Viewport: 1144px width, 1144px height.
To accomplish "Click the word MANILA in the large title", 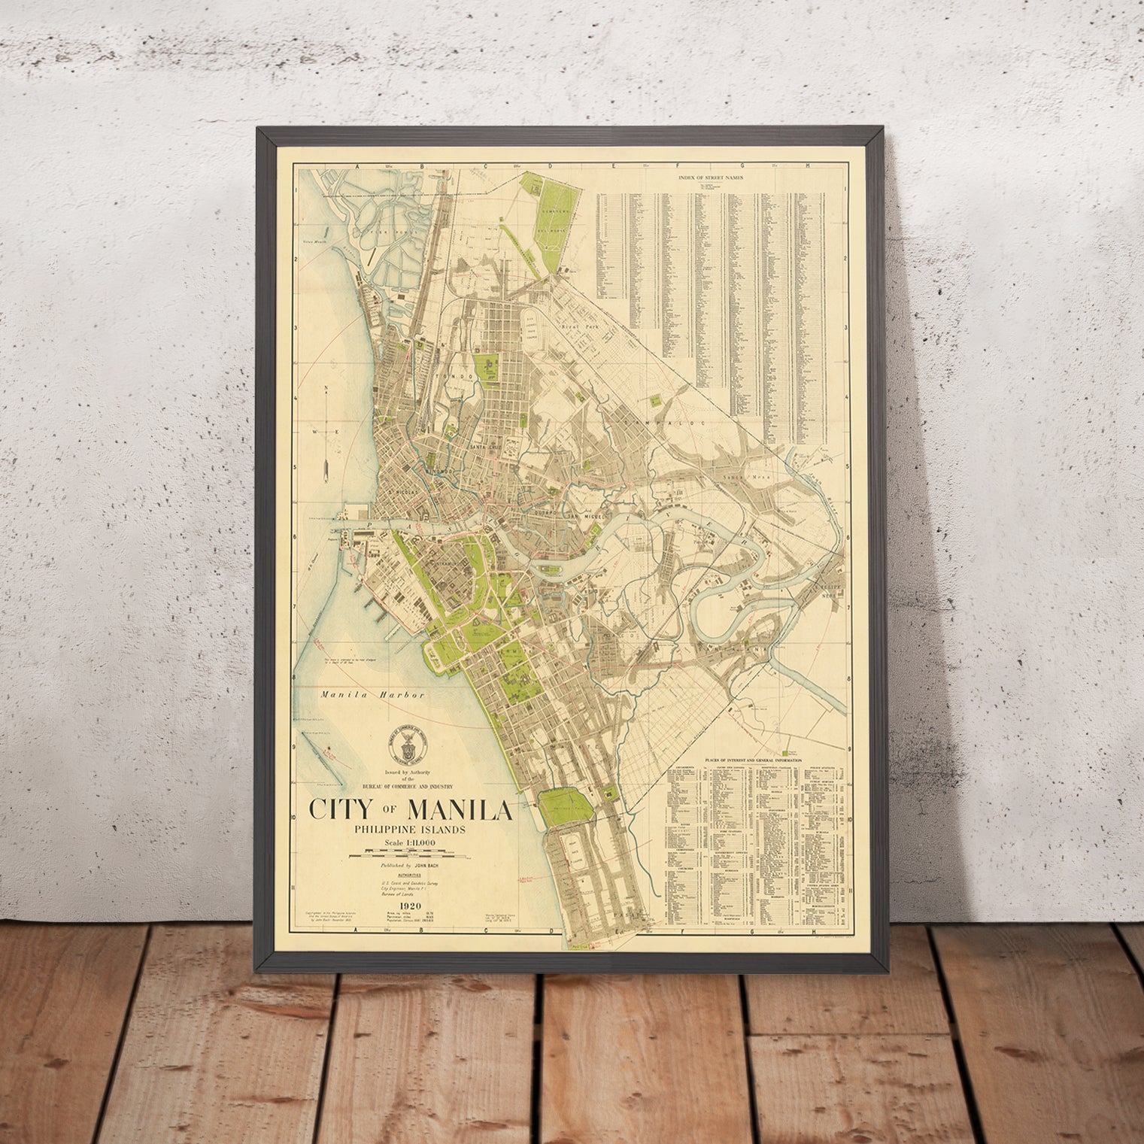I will (x=460, y=809).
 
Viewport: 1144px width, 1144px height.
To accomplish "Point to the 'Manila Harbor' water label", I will (x=372, y=695).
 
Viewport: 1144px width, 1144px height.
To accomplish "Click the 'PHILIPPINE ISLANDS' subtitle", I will (x=411, y=829).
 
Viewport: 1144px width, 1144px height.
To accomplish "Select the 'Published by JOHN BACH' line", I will (x=411, y=866).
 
